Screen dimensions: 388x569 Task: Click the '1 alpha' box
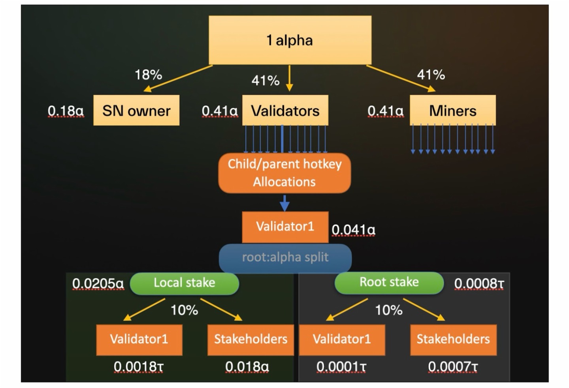[x=290, y=40]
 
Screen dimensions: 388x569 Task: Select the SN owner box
[x=136, y=111]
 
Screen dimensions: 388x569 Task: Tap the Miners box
[x=452, y=111]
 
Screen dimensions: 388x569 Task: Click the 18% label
[x=148, y=75]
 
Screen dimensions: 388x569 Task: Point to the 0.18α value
[x=66, y=111]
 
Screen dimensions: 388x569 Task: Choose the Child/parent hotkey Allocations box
[x=284, y=173]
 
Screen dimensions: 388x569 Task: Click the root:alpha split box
[x=285, y=257]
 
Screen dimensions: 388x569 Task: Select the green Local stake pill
[x=185, y=283]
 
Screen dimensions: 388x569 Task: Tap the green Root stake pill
[x=389, y=282]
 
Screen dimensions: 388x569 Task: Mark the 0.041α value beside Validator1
[x=353, y=229]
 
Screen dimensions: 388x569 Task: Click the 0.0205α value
[x=98, y=283]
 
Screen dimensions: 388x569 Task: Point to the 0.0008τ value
[x=479, y=283]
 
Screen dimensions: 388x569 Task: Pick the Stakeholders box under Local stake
[x=251, y=339]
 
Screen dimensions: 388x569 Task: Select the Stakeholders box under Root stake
[x=453, y=339]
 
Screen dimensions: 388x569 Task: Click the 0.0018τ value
[x=138, y=367]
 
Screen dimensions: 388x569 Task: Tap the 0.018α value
[x=247, y=367]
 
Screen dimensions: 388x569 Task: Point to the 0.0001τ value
[x=341, y=367]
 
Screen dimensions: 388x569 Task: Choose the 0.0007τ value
[x=453, y=367]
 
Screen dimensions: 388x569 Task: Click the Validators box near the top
[x=285, y=111]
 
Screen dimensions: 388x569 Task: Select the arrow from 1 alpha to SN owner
[x=178, y=78]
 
